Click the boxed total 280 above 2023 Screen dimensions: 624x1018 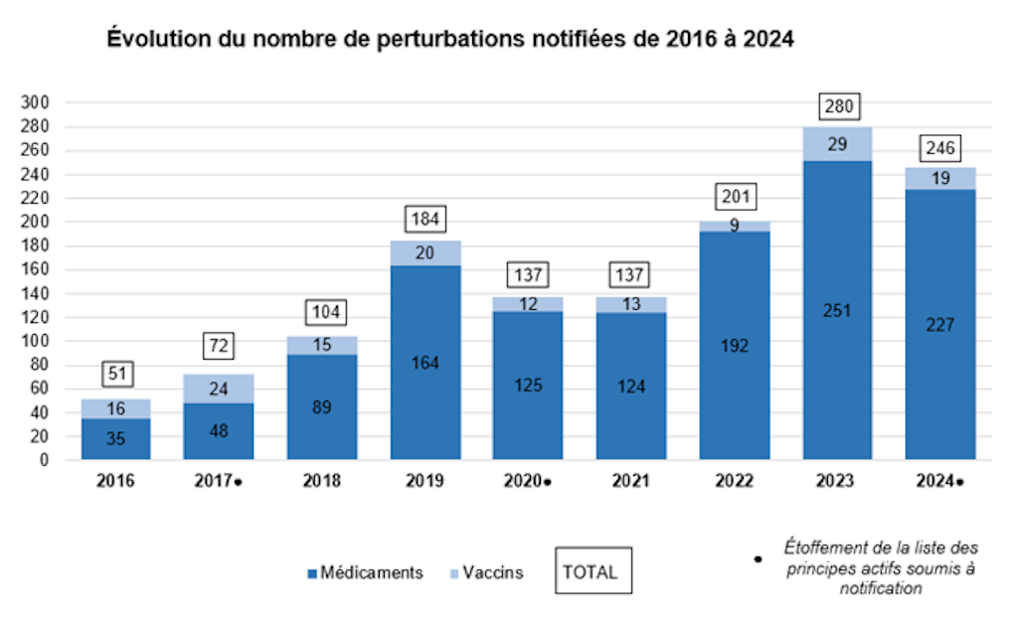pyautogui.click(x=837, y=105)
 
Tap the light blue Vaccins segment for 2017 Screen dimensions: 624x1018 pyautogui.click(x=219, y=389)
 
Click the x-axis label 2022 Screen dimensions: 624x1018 pyautogui.click(x=735, y=481)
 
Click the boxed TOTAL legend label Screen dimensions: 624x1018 pyautogui.click(x=591, y=572)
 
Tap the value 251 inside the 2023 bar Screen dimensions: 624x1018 pyautogui.click(x=837, y=310)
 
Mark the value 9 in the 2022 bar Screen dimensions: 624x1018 pyautogui.click(x=735, y=226)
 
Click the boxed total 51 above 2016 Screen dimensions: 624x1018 pyautogui.click(x=116, y=375)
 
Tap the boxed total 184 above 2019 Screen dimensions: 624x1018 pyautogui.click(x=425, y=218)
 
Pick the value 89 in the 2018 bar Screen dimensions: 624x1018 pyautogui.click(x=322, y=406)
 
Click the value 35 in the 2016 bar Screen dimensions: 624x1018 pyautogui.click(x=116, y=438)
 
